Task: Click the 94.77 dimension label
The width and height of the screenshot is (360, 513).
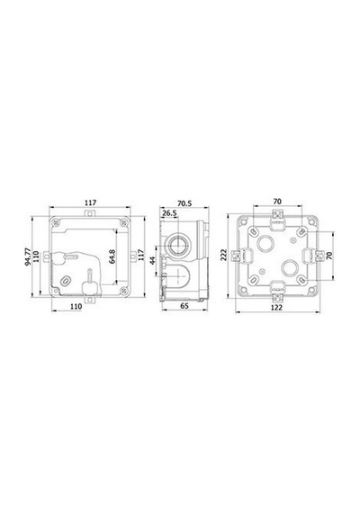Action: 28,256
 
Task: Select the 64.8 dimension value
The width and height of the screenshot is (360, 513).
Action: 112,256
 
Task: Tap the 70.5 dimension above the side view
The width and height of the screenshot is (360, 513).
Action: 184,203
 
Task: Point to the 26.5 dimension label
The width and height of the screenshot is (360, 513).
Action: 169,213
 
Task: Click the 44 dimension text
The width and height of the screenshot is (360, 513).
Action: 153,260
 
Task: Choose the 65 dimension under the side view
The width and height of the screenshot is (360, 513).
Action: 184,306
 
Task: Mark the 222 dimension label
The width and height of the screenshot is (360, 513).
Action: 223,255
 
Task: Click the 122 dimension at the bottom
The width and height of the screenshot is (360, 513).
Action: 277,308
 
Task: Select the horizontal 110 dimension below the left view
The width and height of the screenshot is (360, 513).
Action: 76,307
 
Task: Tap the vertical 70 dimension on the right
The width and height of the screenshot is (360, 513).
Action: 329,256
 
